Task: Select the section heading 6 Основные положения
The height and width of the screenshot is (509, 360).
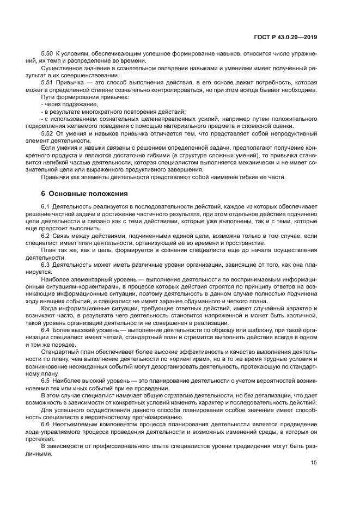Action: pos(84,193)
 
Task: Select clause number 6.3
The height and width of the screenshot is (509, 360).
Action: pos(46,263)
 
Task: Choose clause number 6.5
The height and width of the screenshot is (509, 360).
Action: pos(46,380)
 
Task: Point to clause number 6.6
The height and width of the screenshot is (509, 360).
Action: pos(46,423)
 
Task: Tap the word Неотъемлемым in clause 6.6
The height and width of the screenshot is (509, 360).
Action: pos(76,423)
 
